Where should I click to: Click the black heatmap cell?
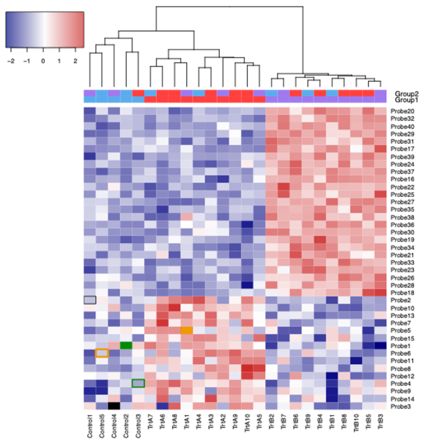[x=114, y=405]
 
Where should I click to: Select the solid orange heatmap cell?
[x=186, y=330]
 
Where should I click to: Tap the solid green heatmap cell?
[x=126, y=345]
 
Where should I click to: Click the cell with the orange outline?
[x=102, y=353]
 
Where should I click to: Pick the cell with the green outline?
[x=138, y=383]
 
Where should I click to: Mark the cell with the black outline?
[x=90, y=300]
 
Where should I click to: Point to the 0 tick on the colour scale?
[x=43, y=59]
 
